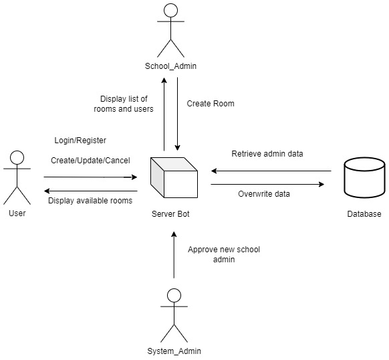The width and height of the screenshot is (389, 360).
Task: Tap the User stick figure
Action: pyautogui.click(x=17, y=177)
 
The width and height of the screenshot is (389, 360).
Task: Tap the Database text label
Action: pyautogui.click(x=364, y=214)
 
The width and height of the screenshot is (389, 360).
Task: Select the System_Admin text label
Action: pyautogui.click(x=174, y=351)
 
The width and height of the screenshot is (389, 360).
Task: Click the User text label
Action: pyautogui.click(x=17, y=213)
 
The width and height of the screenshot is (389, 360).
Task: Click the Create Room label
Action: pyautogui.click(x=211, y=104)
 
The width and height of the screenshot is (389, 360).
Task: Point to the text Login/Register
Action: pyautogui.click(x=80, y=141)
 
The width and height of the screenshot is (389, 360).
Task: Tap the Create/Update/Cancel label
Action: pyautogui.click(x=90, y=160)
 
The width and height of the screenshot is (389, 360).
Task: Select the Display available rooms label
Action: pyautogui.click(x=90, y=200)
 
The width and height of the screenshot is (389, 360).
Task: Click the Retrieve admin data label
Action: pyautogui.click(x=267, y=154)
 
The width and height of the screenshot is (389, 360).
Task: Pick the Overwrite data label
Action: pyautogui.click(x=265, y=195)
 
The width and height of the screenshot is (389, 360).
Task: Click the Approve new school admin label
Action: pyautogui.click(x=223, y=254)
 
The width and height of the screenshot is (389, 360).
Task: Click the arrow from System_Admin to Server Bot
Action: pyautogui.click(x=174, y=254)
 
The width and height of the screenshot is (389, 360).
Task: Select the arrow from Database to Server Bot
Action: pyautogui.click(x=271, y=170)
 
